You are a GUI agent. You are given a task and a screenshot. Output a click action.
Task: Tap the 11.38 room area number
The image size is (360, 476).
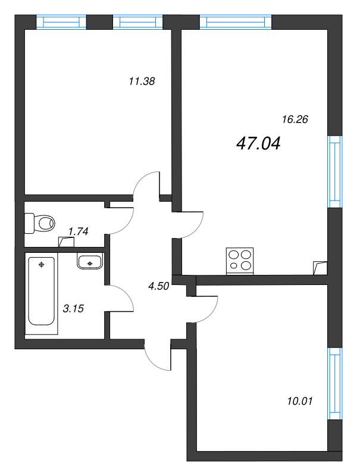tap(142, 82)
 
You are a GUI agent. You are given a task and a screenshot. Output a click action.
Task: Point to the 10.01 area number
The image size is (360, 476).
tap(299, 401)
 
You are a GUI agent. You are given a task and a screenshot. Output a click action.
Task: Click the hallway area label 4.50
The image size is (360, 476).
tap(159, 286)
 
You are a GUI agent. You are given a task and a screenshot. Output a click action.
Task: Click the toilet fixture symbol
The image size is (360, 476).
tap(40, 224)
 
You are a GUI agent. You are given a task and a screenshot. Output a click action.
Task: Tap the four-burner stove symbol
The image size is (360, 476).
tap(240, 261)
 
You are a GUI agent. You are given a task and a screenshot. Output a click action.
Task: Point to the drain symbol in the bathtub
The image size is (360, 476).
tap(41, 264)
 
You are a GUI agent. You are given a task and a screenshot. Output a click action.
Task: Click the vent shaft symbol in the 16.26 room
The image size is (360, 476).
tap(320, 268)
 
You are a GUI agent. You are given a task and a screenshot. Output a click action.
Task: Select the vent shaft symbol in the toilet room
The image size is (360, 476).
tap(67, 242)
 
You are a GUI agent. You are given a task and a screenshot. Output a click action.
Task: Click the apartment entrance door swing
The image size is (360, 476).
tap(158, 356)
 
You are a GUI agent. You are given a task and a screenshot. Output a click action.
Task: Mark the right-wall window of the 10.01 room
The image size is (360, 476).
tap(336, 383)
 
